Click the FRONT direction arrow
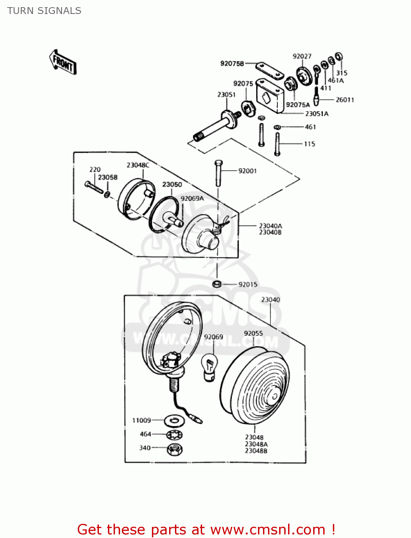(63, 62)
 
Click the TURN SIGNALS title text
(44, 11)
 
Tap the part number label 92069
(213, 337)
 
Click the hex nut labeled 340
(175, 449)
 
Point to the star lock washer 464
(175, 435)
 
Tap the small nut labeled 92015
(216, 284)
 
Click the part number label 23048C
(138, 165)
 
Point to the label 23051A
(316, 114)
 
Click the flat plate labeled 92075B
(269, 71)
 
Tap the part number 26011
(345, 100)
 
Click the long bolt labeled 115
(277, 144)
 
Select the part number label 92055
(253, 333)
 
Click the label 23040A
(270, 226)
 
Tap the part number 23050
(172, 184)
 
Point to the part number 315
(341, 73)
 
